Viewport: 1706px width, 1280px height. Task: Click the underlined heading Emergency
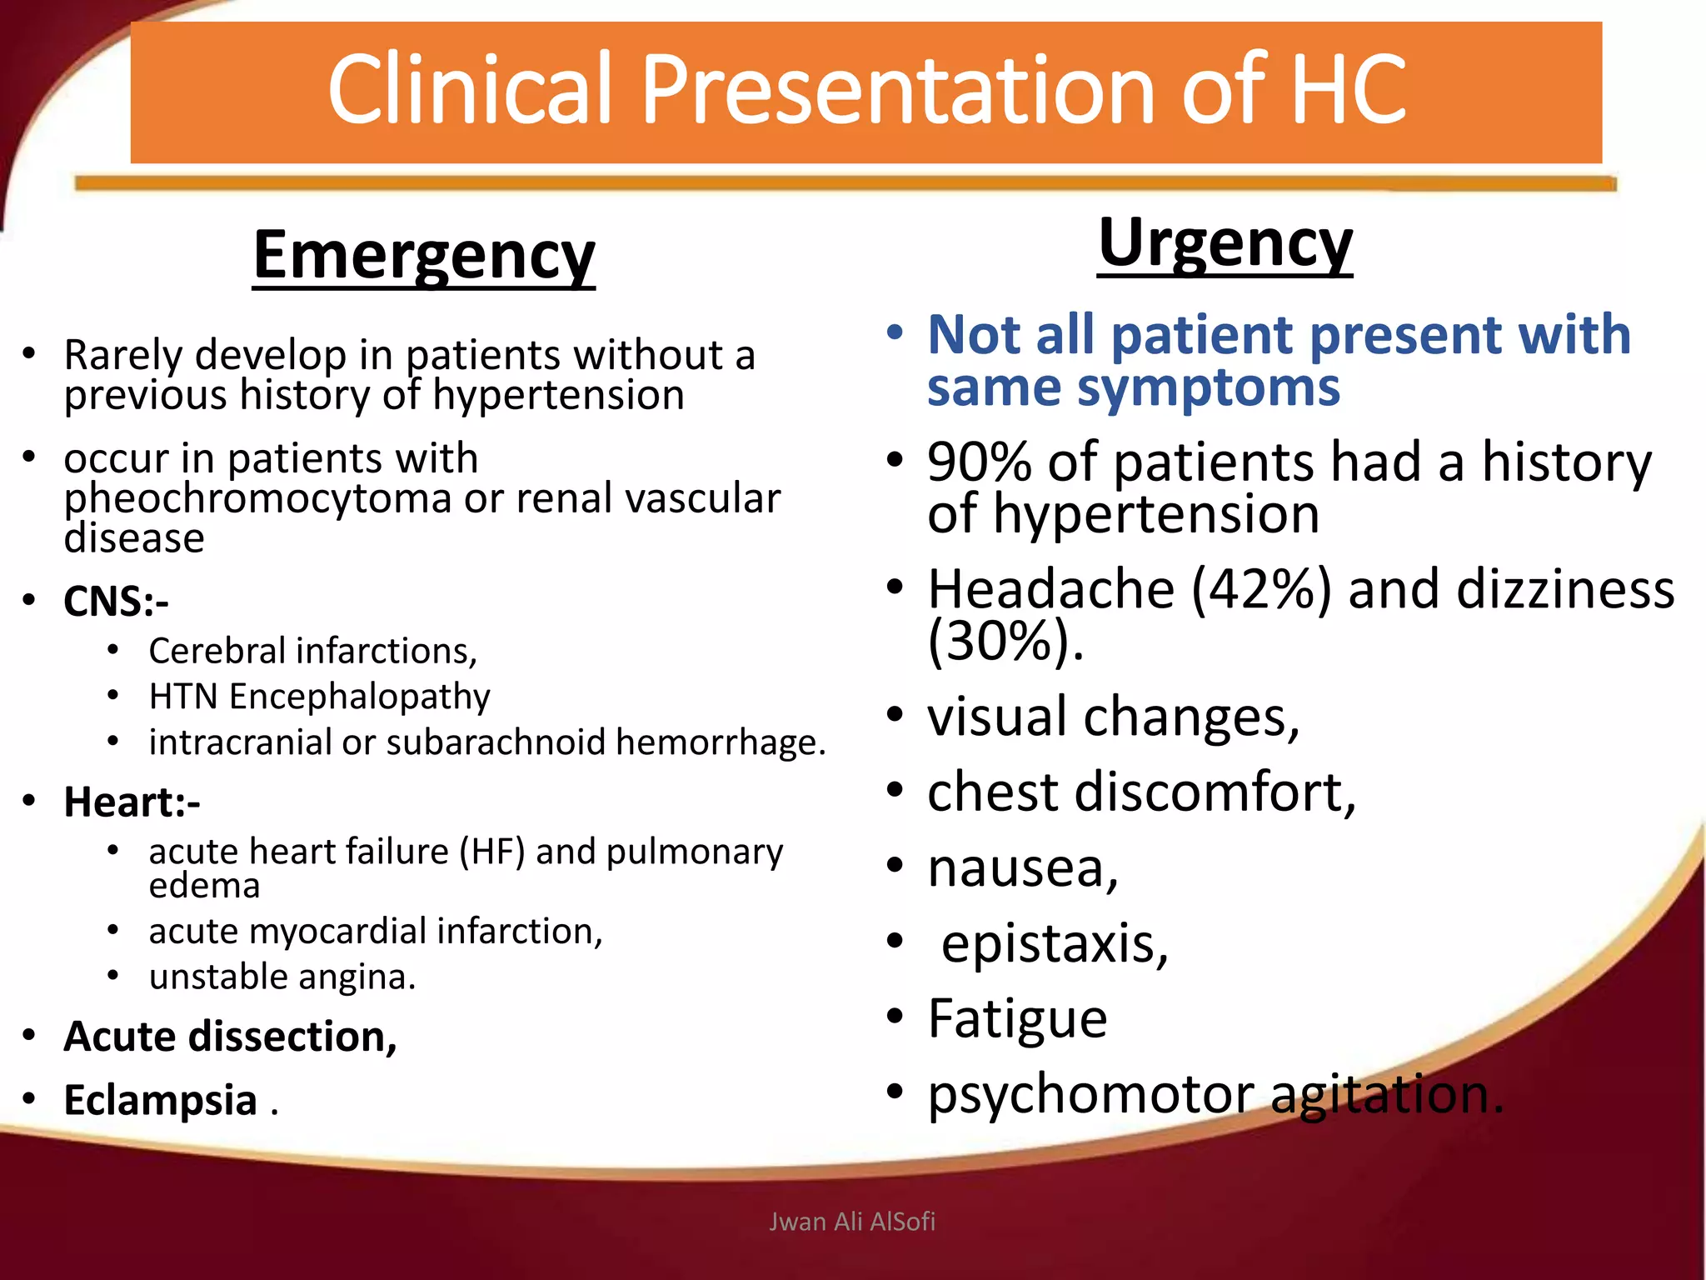click(423, 255)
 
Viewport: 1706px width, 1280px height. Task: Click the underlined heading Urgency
click(1225, 242)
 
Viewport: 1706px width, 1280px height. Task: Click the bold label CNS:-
click(116, 601)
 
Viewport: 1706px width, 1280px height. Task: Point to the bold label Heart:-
click(132, 802)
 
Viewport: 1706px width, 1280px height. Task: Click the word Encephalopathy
click(360, 697)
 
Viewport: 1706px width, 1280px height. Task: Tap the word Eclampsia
click(160, 1100)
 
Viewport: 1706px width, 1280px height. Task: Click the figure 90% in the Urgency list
click(979, 462)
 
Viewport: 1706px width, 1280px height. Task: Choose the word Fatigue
click(1017, 1018)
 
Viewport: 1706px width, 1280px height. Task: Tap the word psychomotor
click(1090, 1094)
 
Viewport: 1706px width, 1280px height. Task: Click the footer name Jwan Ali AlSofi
click(851, 1222)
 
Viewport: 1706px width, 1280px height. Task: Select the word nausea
click(1022, 867)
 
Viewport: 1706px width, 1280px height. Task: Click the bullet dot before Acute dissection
click(29, 1035)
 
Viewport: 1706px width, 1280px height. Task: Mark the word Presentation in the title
click(896, 90)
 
